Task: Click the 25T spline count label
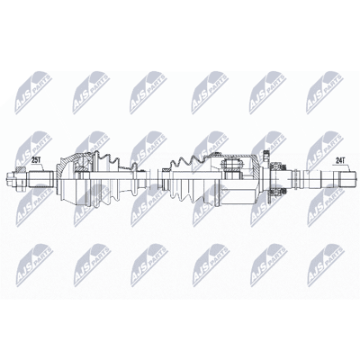pyautogui.click(x=36, y=160)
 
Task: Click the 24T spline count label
pyautogui.click(x=340, y=160)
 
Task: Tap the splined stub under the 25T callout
pyautogui.click(x=41, y=179)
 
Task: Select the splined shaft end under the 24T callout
pyautogui.click(x=346, y=179)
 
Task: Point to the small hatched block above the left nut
pyautogui.click(x=21, y=169)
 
